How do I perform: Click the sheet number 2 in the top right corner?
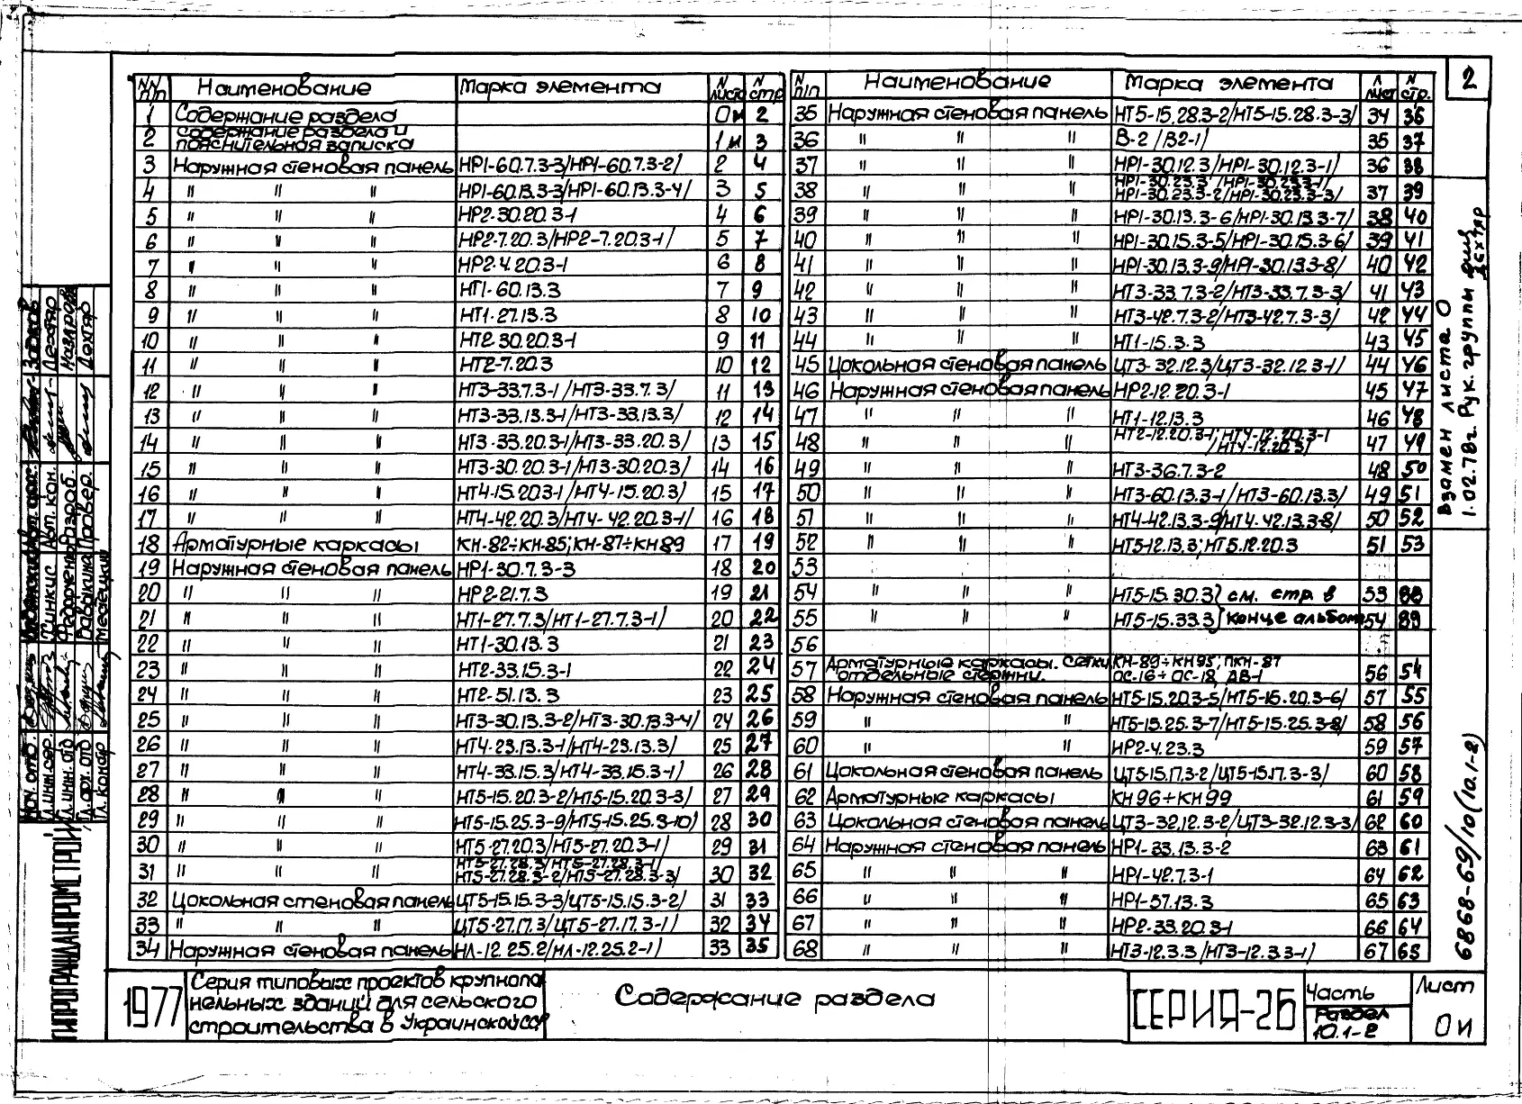[1469, 81]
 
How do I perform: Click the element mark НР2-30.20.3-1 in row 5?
[517, 216]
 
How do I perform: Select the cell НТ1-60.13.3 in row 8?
[510, 291]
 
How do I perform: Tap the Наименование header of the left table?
[284, 88]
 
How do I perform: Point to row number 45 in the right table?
[806, 366]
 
